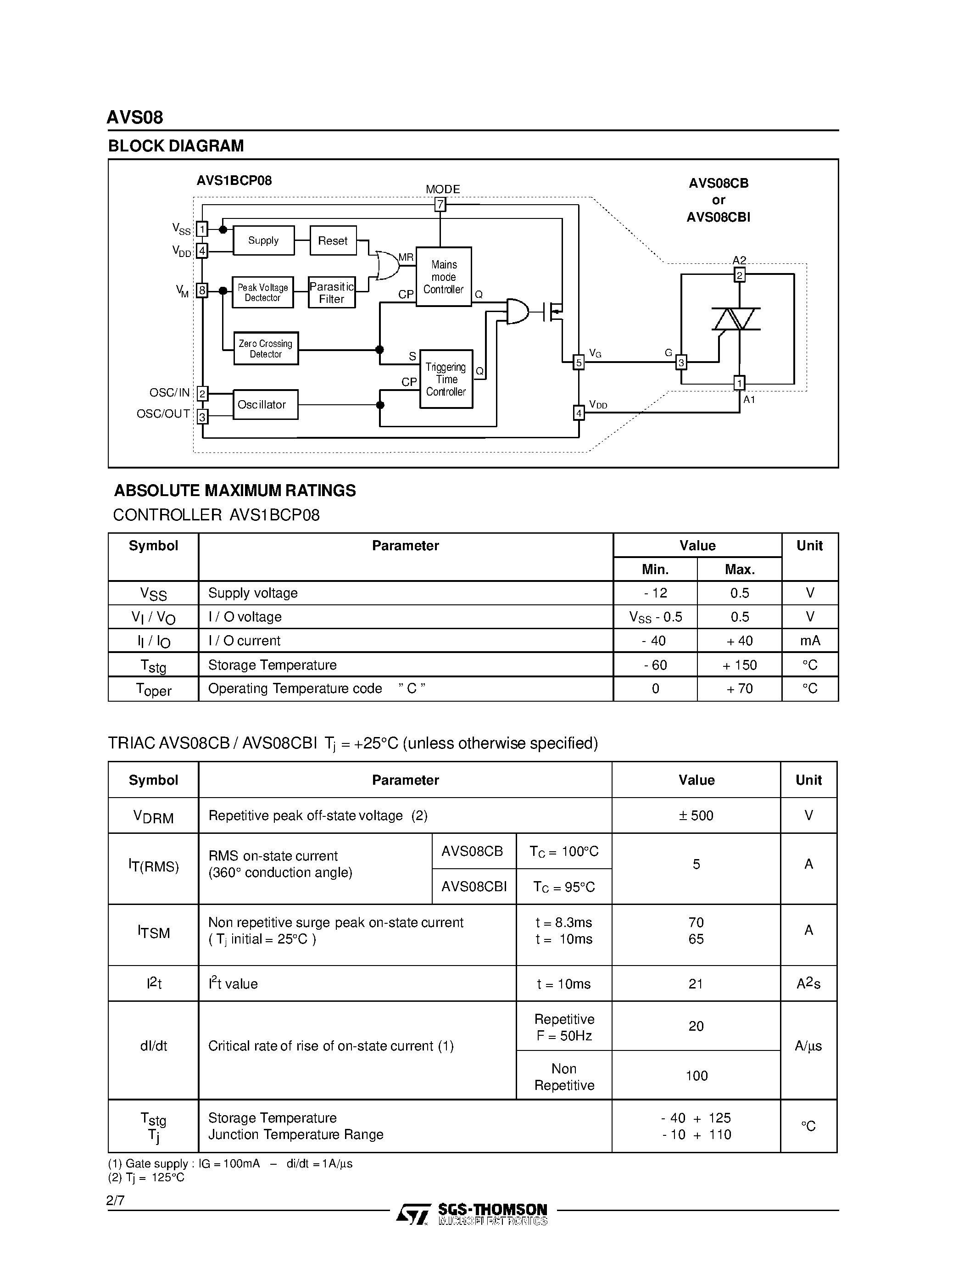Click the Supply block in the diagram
click(263, 240)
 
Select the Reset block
click(333, 240)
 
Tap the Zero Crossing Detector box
click(266, 348)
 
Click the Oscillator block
click(265, 404)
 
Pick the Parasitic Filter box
click(332, 292)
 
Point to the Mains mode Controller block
click(444, 277)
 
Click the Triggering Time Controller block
click(446, 379)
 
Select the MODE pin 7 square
click(440, 204)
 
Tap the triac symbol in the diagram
click(736, 319)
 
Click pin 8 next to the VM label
click(201, 290)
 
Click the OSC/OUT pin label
click(163, 414)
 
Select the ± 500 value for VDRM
click(696, 815)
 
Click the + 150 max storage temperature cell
click(739, 665)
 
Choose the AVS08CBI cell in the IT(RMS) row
click(474, 887)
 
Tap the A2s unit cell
click(808, 983)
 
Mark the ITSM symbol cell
click(154, 933)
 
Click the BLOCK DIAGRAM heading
click(176, 145)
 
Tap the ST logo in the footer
click(413, 1214)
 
